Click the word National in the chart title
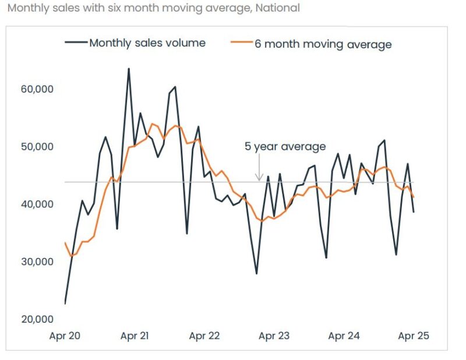coord(278,8)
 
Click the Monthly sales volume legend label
coord(147,43)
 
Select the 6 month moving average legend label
coord(322,44)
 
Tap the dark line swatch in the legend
coord(75,43)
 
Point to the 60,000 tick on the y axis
coord(37,89)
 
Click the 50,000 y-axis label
coord(37,147)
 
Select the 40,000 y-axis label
coord(37,204)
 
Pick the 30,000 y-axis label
coord(37,262)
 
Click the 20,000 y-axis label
coord(37,319)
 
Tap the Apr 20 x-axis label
coord(65,336)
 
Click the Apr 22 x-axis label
coord(205,336)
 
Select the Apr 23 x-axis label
coord(274,336)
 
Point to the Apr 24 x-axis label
coord(344,336)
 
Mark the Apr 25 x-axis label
coord(413,336)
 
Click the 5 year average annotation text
coord(285,147)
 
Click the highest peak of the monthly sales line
coord(129,69)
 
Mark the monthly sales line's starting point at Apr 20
coord(65,303)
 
